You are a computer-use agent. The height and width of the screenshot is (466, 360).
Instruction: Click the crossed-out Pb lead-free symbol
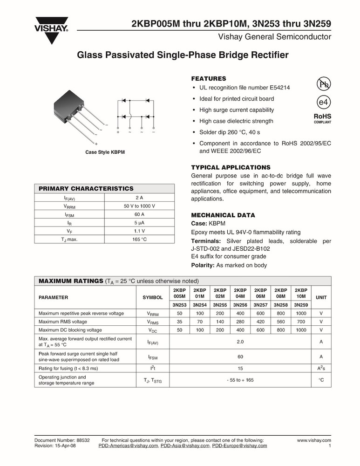pos(323,84)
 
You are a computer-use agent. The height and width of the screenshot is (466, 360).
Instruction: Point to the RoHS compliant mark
pos(322,118)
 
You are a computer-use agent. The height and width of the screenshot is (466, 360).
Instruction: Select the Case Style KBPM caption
pos(105,152)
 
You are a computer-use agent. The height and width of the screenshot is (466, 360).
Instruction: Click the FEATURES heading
pos(209,79)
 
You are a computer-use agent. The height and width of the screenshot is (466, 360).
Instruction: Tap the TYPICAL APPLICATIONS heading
pos(231,167)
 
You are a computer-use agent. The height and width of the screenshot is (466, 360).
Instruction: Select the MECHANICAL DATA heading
pos(223,215)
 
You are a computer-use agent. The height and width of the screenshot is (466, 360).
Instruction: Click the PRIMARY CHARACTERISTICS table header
pos(86,189)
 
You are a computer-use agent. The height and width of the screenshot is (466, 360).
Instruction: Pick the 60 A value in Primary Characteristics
pos(139,214)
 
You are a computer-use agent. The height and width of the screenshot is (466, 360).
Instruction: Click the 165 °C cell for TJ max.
pos(139,240)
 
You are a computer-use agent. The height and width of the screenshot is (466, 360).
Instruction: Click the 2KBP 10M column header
pos(301,293)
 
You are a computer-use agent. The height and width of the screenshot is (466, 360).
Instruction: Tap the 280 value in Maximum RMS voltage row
pos(240,322)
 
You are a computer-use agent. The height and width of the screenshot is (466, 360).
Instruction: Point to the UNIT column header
pos(321,297)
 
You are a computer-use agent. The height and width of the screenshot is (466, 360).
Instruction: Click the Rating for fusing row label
pos(68,368)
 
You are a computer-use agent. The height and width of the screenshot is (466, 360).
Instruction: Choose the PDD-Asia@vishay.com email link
pos(185,445)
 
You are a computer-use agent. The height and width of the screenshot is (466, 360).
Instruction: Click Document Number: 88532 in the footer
pos(62,440)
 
